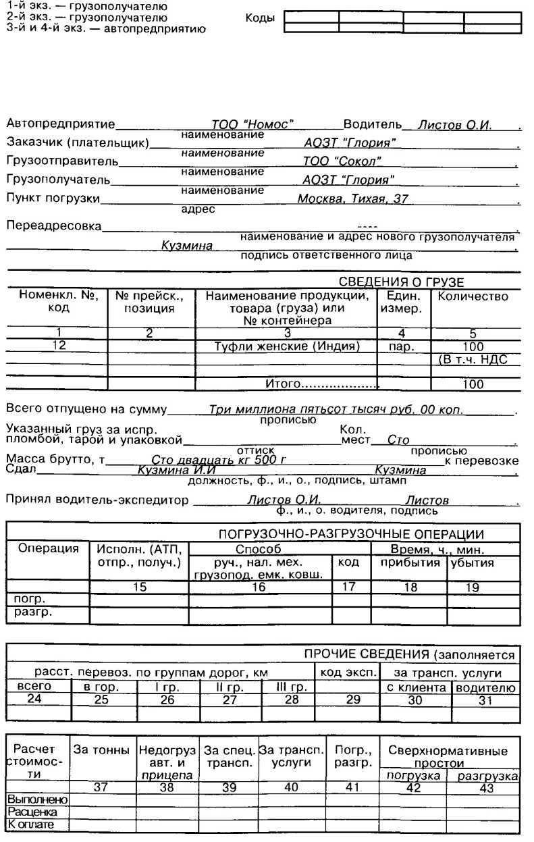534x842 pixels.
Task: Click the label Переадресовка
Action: [x=53, y=226]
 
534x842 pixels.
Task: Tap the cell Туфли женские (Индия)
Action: [x=287, y=346]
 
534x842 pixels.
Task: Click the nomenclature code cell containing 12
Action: [x=58, y=346]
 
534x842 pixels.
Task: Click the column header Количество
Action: [x=473, y=296]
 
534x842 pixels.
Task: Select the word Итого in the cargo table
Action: [x=282, y=384]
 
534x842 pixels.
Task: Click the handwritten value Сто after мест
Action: [x=398, y=440]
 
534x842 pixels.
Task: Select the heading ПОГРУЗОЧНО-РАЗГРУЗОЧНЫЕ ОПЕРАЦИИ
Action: [x=350, y=534]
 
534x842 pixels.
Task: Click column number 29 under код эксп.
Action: [x=353, y=700]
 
